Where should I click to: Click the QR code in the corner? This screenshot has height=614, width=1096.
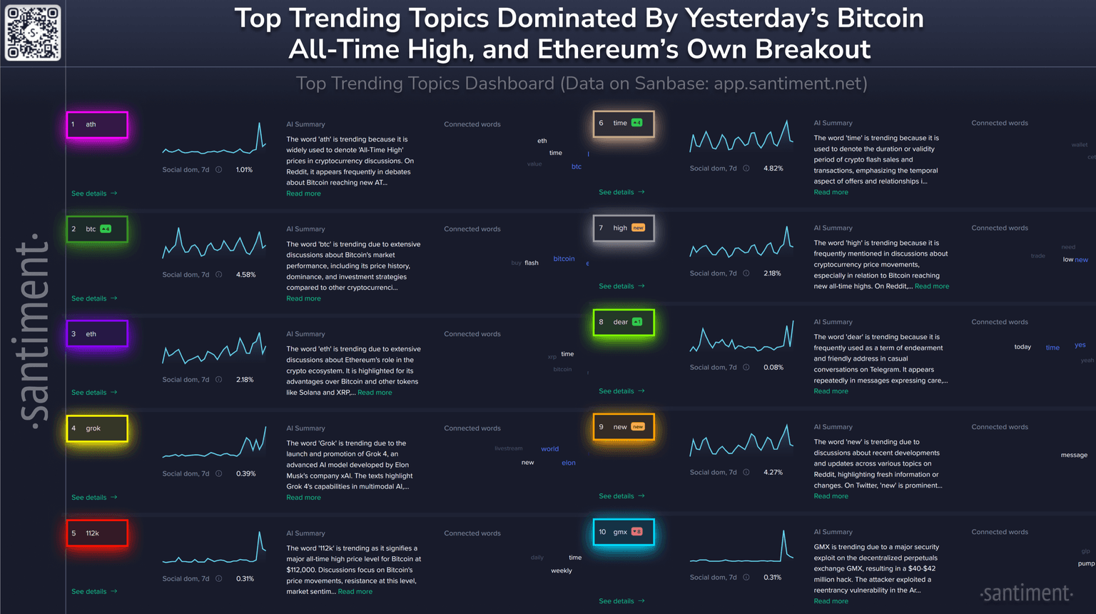point(33,33)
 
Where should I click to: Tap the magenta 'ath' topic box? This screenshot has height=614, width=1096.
point(97,125)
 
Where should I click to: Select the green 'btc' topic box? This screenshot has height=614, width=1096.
point(97,229)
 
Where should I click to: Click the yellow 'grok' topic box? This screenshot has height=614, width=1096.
point(97,428)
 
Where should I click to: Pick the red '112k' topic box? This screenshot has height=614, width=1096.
point(97,533)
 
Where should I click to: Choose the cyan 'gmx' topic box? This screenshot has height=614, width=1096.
point(624,532)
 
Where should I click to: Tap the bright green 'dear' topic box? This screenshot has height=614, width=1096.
point(624,322)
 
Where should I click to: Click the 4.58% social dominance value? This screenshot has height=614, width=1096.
point(245,275)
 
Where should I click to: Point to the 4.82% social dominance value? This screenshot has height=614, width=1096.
point(773,168)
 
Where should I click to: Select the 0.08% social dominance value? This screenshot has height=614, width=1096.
point(773,368)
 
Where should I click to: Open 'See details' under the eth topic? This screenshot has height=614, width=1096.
point(93,393)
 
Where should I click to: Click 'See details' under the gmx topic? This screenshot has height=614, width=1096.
point(621,601)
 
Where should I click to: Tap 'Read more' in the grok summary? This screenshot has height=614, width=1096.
point(303,498)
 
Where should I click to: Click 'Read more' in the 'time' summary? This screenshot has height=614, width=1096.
point(831,192)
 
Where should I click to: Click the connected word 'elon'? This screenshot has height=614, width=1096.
point(568,463)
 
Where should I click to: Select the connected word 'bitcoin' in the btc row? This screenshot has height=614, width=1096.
point(564,258)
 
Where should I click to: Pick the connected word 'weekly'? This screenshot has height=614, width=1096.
point(561,570)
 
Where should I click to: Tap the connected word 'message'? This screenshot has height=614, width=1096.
point(1073,455)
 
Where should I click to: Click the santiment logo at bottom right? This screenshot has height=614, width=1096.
point(1026,593)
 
